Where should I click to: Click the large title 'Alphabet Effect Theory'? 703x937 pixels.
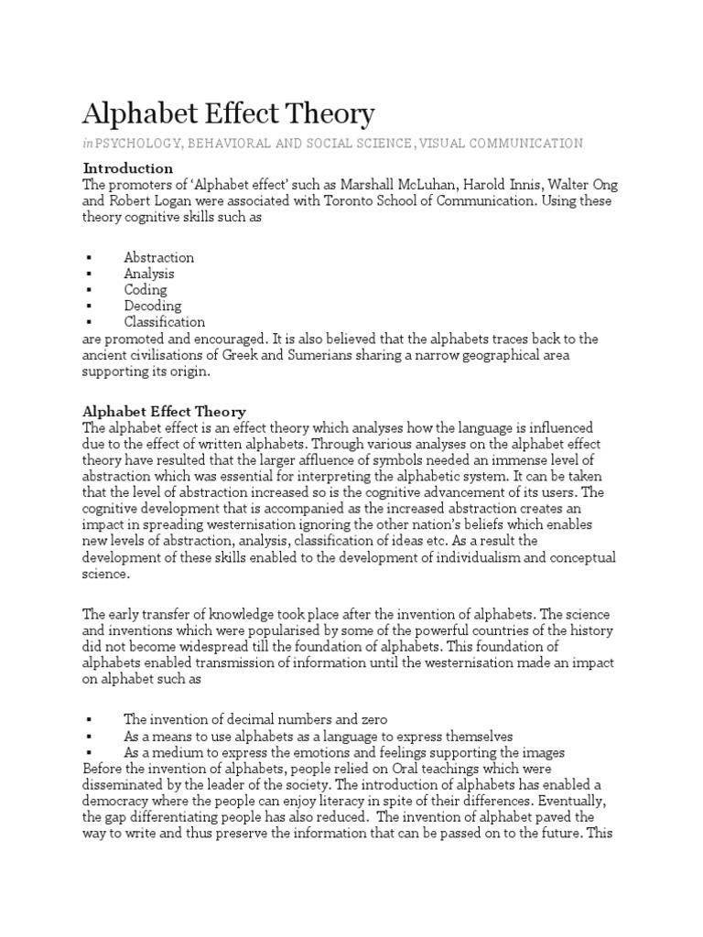tap(229, 114)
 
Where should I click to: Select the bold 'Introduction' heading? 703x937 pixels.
tap(128, 168)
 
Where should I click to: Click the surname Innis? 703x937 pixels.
tap(518, 185)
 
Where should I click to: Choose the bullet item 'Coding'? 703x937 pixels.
tap(146, 290)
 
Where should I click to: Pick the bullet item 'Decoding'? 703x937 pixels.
tap(153, 306)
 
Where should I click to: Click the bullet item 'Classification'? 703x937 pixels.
tap(165, 322)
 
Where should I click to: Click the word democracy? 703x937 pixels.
tap(115, 801)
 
